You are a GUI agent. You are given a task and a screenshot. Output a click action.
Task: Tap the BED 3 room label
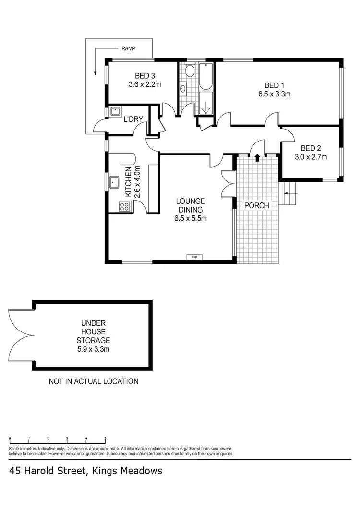pyautogui.click(x=144, y=76)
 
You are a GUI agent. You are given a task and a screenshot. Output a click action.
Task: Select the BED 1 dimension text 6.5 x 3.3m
pyautogui.click(x=274, y=94)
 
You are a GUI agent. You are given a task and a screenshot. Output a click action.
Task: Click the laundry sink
pyautogui.click(x=115, y=112)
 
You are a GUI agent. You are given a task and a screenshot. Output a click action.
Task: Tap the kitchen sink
pyautogui.click(x=115, y=182)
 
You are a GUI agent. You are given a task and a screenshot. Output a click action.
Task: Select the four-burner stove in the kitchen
pyautogui.click(x=124, y=207)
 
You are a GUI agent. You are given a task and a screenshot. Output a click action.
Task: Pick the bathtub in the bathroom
pyautogui.click(x=206, y=77)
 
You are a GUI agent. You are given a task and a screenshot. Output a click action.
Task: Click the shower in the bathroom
pyautogui.click(x=205, y=104)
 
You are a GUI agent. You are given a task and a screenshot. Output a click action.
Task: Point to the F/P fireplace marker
pyautogui.click(x=194, y=258)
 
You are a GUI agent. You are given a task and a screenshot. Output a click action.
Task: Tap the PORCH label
pyautogui.click(x=256, y=205)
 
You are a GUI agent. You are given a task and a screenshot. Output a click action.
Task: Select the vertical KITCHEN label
pyautogui.click(x=128, y=182)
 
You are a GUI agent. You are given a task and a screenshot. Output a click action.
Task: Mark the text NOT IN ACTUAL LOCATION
pyautogui.click(x=94, y=381)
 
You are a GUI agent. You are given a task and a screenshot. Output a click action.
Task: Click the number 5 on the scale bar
pyautogui.click(x=105, y=439)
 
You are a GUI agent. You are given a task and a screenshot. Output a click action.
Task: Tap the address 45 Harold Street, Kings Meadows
pyautogui.click(x=85, y=471)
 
